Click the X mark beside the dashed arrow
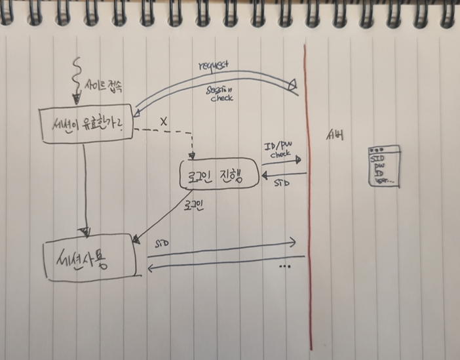point(163,121)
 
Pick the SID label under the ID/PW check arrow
point(281,184)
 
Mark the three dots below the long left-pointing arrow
point(284,267)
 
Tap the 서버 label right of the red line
point(335,136)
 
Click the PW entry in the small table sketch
point(379,167)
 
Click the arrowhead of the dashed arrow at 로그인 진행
point(192,156)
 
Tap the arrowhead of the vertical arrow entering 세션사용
point(83,231)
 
